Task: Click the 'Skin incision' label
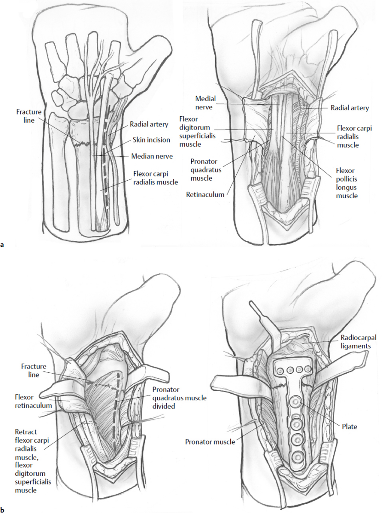[151, 140]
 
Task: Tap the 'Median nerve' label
[151, 156]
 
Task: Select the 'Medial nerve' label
[205, 103]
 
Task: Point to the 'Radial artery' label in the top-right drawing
[349, 108]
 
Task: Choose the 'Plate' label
[349, 427]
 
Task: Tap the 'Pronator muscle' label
[210, 442]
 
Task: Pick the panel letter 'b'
[3, 509]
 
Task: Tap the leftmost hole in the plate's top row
[279, 368]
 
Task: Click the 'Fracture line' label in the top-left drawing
[29, 116]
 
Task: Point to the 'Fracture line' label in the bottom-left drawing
[34, 370]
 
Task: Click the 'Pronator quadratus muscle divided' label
[179, 398]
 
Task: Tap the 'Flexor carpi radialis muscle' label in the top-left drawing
[155, 178]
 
